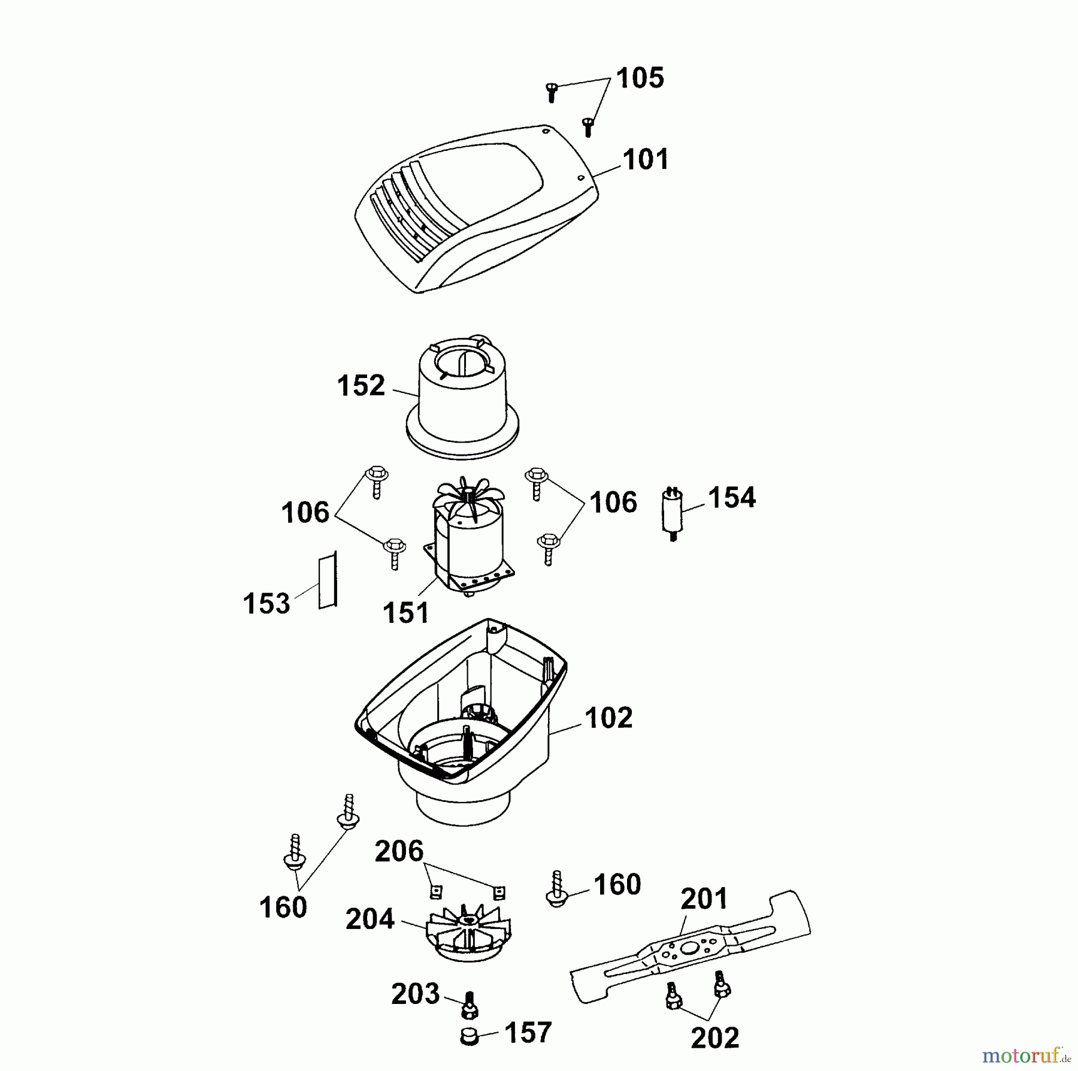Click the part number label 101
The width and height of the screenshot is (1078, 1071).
646,159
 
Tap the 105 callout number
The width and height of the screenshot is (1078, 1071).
640,78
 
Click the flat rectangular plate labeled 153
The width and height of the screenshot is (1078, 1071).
328,579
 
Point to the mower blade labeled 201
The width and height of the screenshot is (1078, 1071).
691,947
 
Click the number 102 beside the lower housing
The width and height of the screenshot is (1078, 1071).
608,718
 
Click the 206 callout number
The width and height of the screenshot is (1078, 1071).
399,851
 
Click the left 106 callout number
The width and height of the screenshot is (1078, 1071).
305,513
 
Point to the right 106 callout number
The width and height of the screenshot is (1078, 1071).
613,503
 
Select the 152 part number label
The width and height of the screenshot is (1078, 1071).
361,386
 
